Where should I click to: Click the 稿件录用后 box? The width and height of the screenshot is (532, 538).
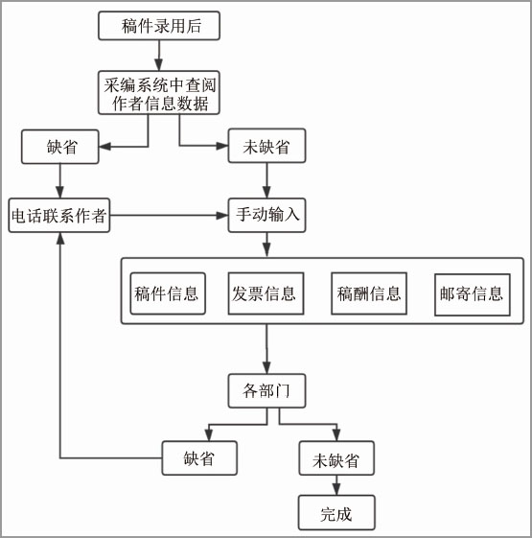[159, 26]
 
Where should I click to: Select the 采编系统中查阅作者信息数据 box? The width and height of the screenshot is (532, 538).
[159, 93]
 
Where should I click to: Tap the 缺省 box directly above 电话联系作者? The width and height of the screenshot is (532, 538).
[60, 147]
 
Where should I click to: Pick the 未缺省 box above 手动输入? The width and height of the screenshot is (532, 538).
[266, 146]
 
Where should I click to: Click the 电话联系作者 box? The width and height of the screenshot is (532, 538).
[59, 216]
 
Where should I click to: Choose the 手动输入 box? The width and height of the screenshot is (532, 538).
[266, 215]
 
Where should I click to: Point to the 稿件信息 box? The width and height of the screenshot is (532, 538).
[168, 293]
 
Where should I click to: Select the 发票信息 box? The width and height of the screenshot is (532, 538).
[266, 293]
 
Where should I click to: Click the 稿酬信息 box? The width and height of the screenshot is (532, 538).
[369, 293]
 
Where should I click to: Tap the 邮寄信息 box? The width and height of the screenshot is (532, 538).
[473, 294]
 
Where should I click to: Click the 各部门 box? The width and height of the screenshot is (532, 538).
[266, 391]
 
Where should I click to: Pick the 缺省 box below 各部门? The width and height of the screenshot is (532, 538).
[199, 458]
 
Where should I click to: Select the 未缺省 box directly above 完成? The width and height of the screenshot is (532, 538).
[336, 458]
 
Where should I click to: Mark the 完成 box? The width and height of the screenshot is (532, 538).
[336, 513]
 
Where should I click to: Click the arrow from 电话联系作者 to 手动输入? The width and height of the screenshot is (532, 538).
[169, 216]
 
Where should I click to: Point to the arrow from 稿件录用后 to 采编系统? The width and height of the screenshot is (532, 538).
[158, 56]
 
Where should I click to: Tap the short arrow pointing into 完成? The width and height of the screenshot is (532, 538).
[336, 485]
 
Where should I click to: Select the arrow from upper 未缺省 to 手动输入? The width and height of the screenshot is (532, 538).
[266, 180]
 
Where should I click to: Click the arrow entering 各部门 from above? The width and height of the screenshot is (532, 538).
[266, 349]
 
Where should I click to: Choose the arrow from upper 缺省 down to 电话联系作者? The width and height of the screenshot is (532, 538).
[60, 181]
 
